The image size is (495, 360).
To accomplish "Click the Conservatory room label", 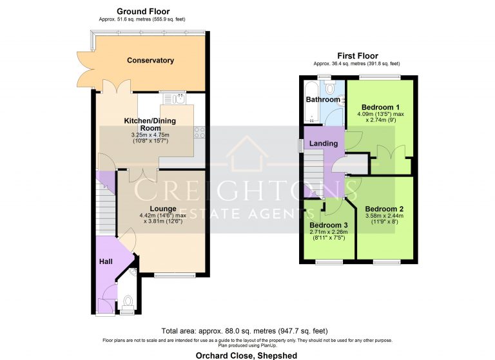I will [x=150, y=61].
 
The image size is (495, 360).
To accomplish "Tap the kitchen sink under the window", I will [x=172, y=99].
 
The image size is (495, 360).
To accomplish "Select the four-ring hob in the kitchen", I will [x=199, y=133].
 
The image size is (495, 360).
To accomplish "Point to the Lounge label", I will [x=163, y=208].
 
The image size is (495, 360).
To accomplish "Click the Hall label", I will [x=106, y=261].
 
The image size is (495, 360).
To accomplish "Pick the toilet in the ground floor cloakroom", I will [x=128, y=301].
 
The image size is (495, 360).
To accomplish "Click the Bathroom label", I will [x=322, y=100].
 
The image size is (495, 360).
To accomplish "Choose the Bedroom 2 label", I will [x=384, y=209].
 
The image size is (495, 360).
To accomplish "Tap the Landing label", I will [x=324, y=142].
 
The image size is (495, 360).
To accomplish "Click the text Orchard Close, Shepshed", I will [x=247, y=354].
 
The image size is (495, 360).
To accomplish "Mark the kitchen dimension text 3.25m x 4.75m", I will [x=150, y=135].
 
